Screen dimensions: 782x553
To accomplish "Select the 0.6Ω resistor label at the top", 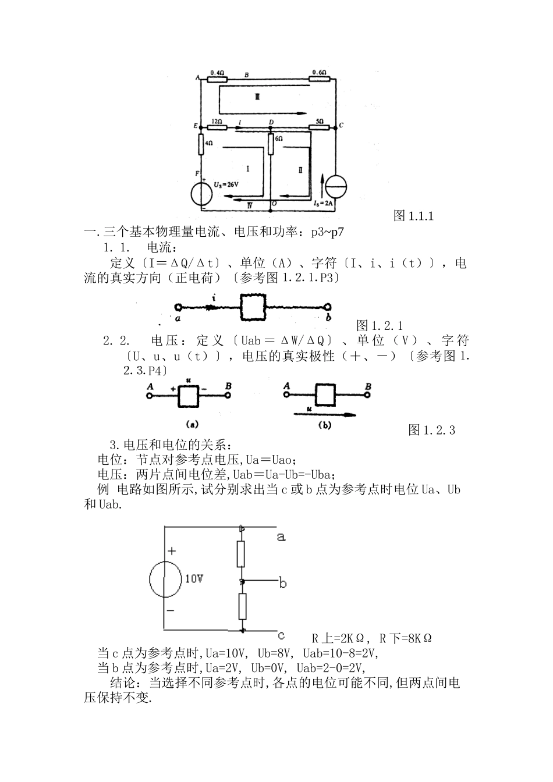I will (318, 72).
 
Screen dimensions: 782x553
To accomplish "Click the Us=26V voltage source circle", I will (201, 190).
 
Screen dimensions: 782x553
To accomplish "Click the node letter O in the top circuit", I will (274, 204).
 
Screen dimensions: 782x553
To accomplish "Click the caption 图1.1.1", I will (414, 216).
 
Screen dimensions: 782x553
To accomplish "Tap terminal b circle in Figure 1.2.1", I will (329, 308).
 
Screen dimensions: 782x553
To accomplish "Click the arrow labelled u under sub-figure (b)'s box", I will (324, 414).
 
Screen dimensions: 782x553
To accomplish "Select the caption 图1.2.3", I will (431, 430).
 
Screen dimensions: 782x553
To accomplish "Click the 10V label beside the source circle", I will (194, 579).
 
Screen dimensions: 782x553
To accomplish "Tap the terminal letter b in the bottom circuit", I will (282, 582).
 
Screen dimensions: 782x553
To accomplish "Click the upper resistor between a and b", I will (242, 553).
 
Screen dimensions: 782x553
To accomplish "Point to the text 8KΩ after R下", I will (419, 638).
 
